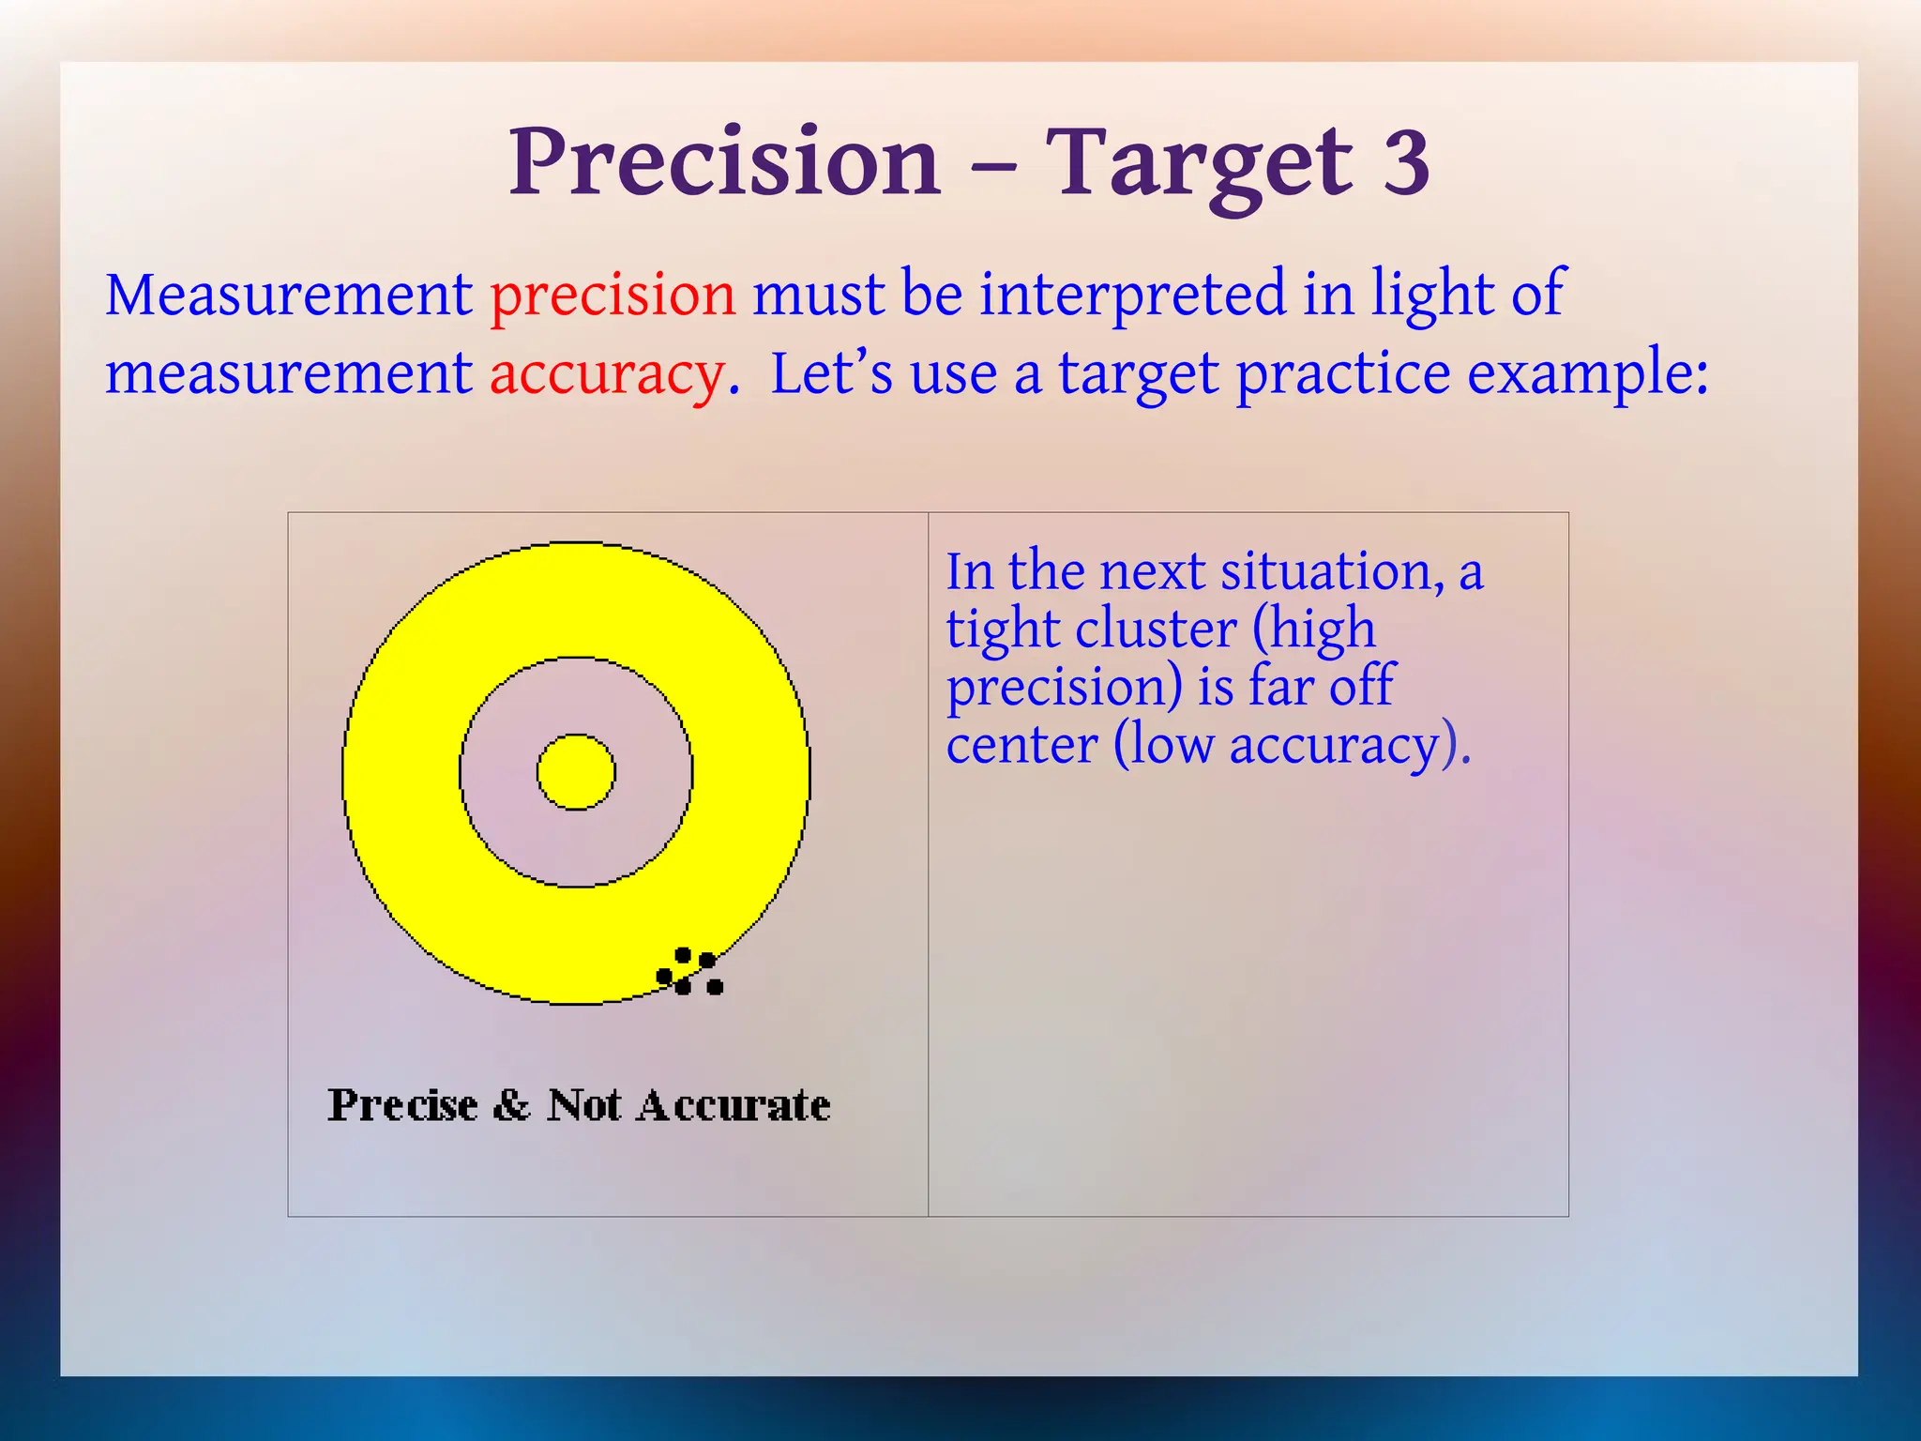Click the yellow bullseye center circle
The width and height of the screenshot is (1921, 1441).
[x=576, y=772]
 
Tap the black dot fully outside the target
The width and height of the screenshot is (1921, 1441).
[x=715, y=987]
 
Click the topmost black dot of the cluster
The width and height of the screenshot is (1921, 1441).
[x=683, y=956]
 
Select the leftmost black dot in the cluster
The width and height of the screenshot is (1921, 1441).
[x=664, y=977]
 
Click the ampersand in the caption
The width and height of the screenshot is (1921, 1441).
[x=512, y=1105]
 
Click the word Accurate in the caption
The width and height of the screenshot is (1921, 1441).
[x=734, y=1105]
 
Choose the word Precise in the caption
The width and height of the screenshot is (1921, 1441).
[x=403, y=1105]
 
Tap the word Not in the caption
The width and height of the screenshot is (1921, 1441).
[x=584, y=1105]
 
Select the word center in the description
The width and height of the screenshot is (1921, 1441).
[x=1021, y=746]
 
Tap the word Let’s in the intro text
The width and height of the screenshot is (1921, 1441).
[x=831, y=374]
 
